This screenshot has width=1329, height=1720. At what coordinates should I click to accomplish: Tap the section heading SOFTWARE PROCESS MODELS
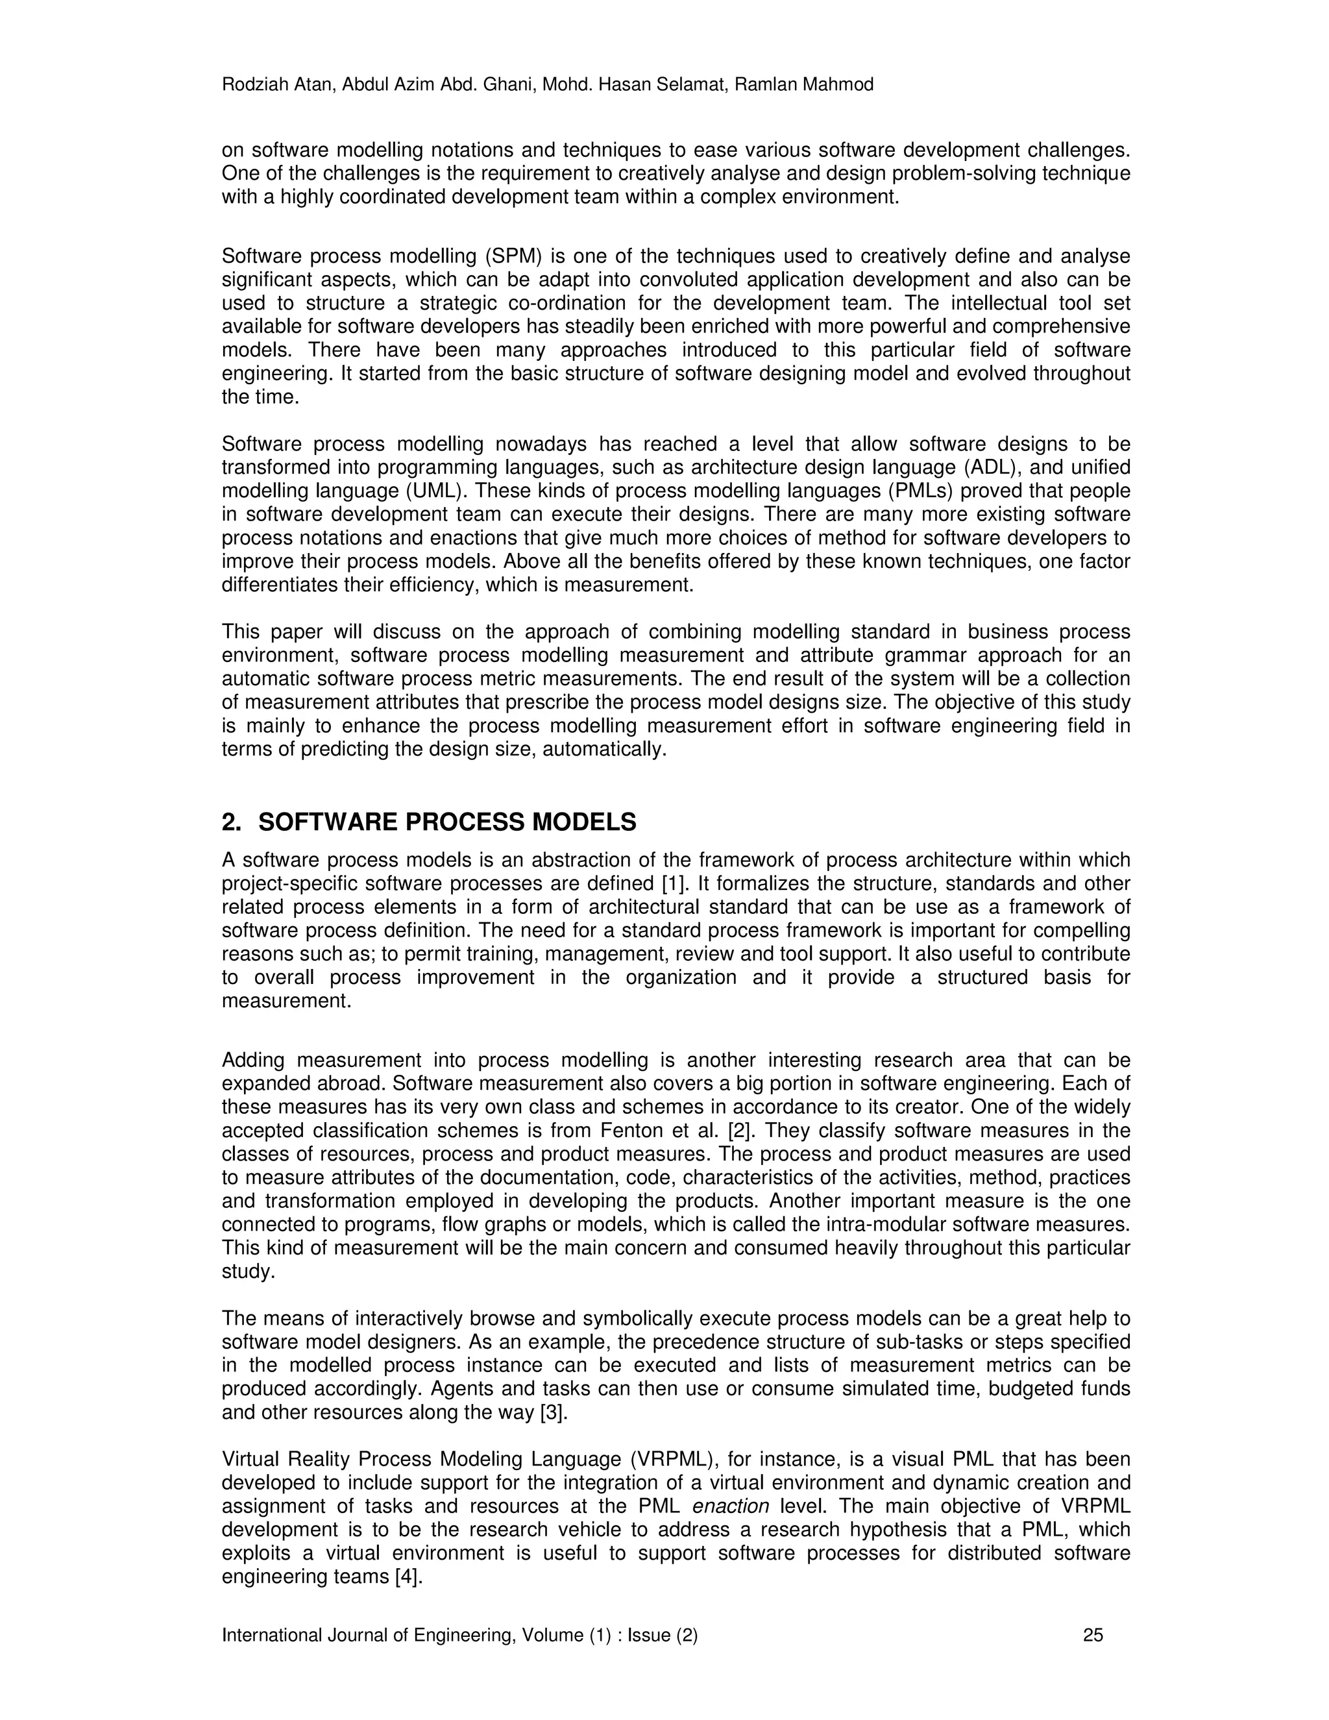[447, 822]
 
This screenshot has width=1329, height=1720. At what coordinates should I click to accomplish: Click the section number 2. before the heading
[232, 822]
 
